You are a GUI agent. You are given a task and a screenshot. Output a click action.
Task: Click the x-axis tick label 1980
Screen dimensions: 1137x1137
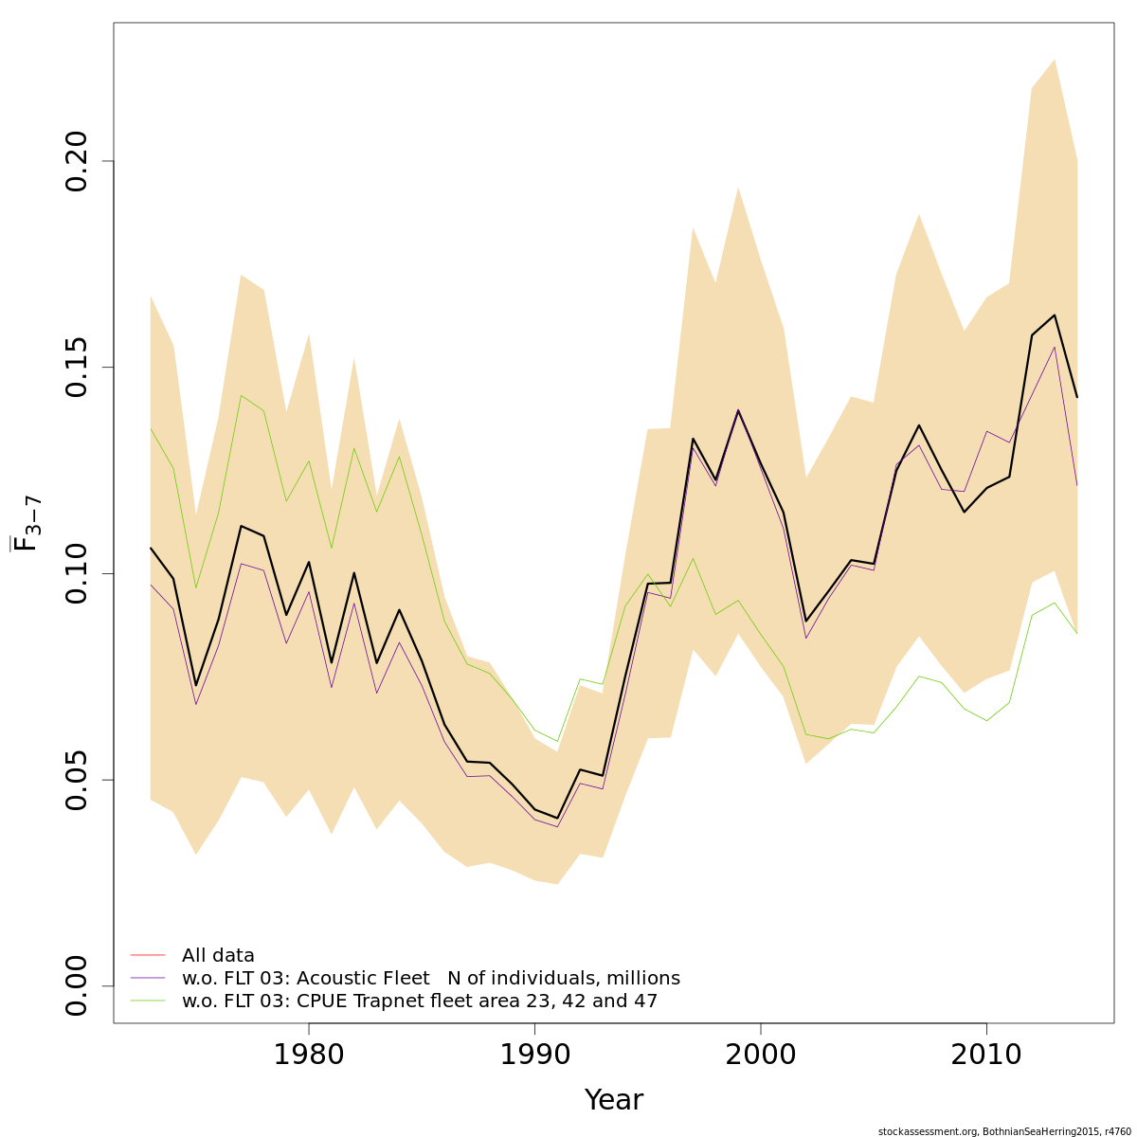308,1056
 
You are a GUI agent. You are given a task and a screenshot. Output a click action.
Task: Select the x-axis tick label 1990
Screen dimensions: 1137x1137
534,1056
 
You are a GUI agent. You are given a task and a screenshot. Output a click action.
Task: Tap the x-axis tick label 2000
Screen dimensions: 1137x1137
761,1056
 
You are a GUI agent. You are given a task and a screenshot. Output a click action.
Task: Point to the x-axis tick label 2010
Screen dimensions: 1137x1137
986,1056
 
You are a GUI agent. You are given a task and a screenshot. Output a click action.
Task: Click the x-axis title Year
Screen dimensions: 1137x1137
613,1100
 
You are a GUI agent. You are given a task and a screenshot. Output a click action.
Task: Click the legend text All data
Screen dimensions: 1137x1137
218,956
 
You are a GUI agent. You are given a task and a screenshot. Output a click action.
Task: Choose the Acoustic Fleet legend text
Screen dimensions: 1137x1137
430,979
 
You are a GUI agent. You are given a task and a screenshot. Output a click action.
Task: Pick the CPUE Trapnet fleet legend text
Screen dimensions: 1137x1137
419,1002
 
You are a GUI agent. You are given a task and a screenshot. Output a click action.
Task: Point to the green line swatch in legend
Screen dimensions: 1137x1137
148,1001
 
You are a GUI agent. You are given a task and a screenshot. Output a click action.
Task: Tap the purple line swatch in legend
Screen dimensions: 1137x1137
148,978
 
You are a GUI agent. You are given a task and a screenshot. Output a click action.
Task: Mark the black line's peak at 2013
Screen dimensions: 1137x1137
1055,315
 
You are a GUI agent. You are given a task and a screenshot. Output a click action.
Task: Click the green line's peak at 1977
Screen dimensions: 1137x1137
241,395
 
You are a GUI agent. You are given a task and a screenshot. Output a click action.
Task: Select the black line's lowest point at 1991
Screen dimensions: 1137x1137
557,819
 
